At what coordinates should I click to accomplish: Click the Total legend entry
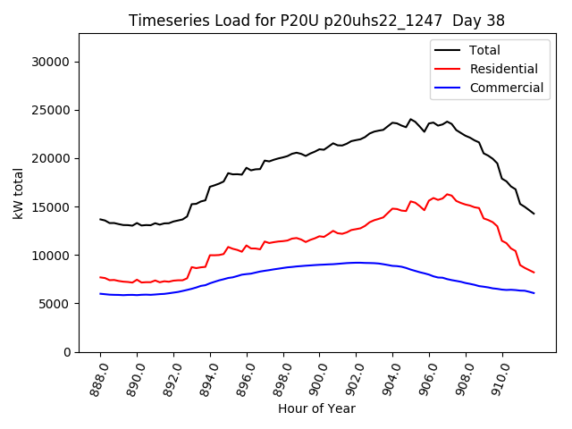(x=484, y=50)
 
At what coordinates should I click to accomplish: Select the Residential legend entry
(x=498, y=69)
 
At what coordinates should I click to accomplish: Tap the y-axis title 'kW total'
(x=19, y=193)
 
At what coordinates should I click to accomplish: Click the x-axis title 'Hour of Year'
(x=316, y=408)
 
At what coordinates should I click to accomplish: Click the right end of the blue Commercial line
(x=534, y=293)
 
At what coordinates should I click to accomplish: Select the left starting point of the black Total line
(x=100, y=219)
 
